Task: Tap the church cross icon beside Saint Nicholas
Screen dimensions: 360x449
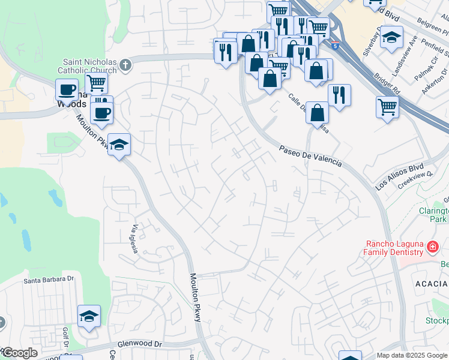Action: [125, 65]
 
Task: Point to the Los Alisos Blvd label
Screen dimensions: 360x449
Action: [400, 177]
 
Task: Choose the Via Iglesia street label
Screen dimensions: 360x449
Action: [136, 239]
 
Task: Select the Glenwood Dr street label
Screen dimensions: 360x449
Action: [141, 344]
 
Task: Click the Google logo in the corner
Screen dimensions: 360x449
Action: [19, 353]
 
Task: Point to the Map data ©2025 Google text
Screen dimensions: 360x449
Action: [412, 355]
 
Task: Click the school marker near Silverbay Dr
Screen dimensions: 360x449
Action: [391, 37]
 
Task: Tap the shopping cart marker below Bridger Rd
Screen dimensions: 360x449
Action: [388, 107]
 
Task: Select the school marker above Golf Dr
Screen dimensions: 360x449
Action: [89, 316]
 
